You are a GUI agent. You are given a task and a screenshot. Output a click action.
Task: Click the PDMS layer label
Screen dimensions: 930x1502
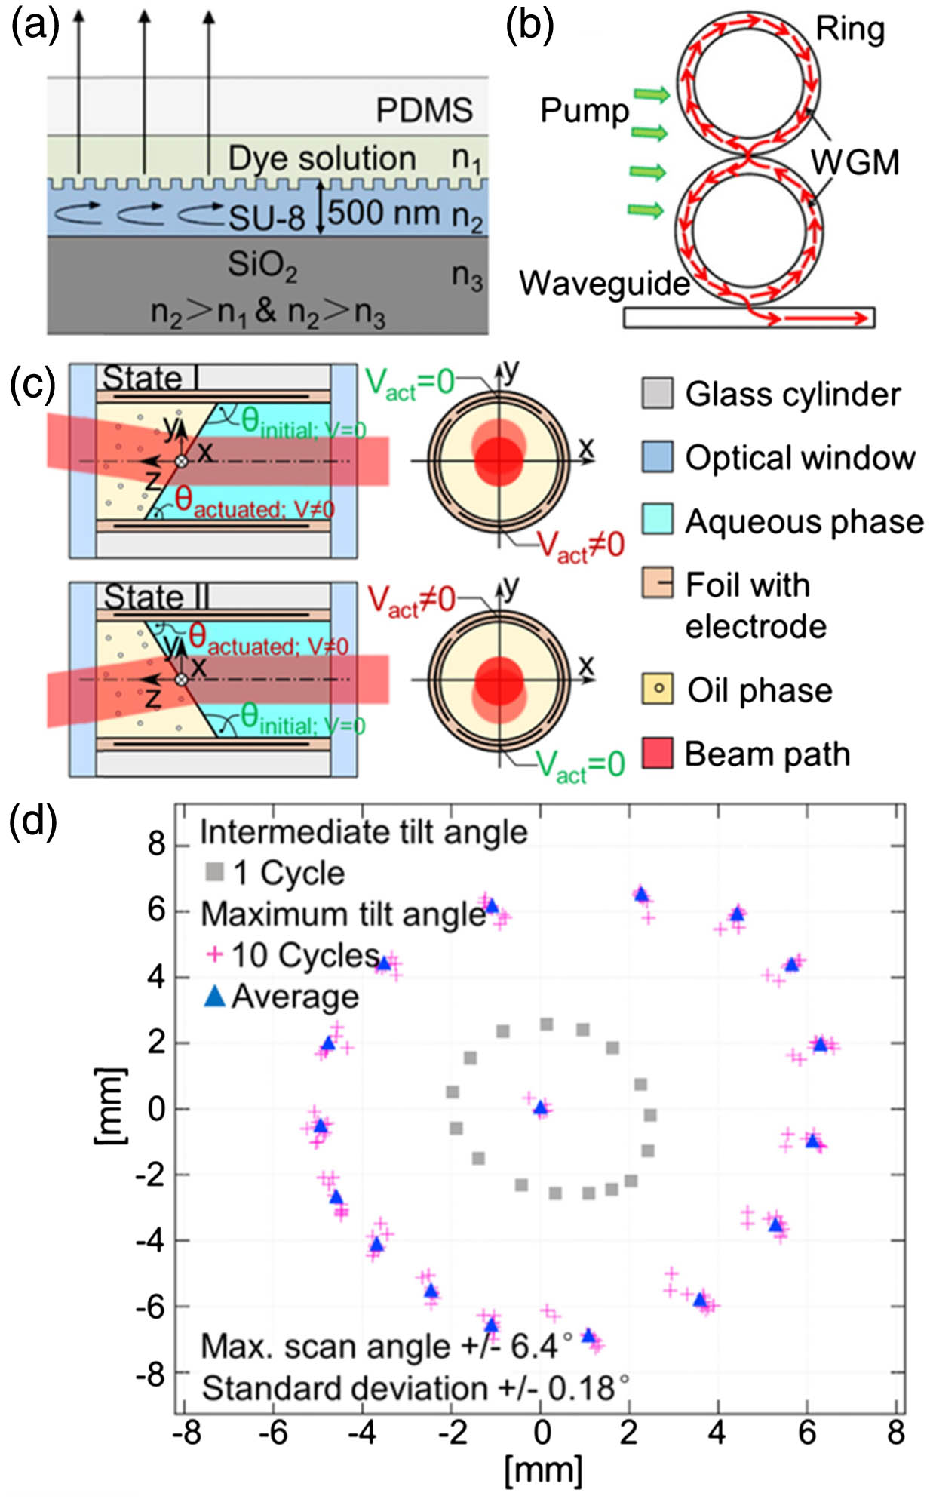tap(425, 110)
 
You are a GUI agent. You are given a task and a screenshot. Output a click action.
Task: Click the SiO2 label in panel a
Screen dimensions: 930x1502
tap(262, 266)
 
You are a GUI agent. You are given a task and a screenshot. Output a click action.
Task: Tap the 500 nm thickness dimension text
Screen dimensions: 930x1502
tap(383, 213)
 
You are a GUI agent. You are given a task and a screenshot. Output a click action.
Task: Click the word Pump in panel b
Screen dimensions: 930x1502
tap(584, 112)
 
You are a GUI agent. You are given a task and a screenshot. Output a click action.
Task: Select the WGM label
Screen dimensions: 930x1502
tap(855, 162)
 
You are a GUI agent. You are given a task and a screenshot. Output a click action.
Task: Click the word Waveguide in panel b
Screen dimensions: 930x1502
tap(604, 284)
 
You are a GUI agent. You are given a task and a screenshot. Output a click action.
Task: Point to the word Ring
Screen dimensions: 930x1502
tap(850, 30)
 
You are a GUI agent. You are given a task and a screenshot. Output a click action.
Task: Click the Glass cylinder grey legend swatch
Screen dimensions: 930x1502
tap(657, 394)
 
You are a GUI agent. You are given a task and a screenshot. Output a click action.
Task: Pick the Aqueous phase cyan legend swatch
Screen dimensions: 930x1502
tap(657, 520)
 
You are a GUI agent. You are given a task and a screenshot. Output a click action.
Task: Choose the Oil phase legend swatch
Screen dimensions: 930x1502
tap(657, 689)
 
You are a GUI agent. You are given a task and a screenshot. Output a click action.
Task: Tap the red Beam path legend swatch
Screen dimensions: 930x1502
tap(657, 753)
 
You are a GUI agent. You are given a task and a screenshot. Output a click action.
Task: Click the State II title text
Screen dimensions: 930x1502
tap(156, 597)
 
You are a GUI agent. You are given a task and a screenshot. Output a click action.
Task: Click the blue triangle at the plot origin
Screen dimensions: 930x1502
tap(540, 1107)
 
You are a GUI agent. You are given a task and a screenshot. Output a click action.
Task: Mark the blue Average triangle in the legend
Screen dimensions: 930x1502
tap(215, 996)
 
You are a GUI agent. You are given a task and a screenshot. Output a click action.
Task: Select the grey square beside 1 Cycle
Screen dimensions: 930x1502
tap(215, 872)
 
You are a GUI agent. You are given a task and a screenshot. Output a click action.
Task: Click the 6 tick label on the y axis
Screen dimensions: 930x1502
tap(156, 911)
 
